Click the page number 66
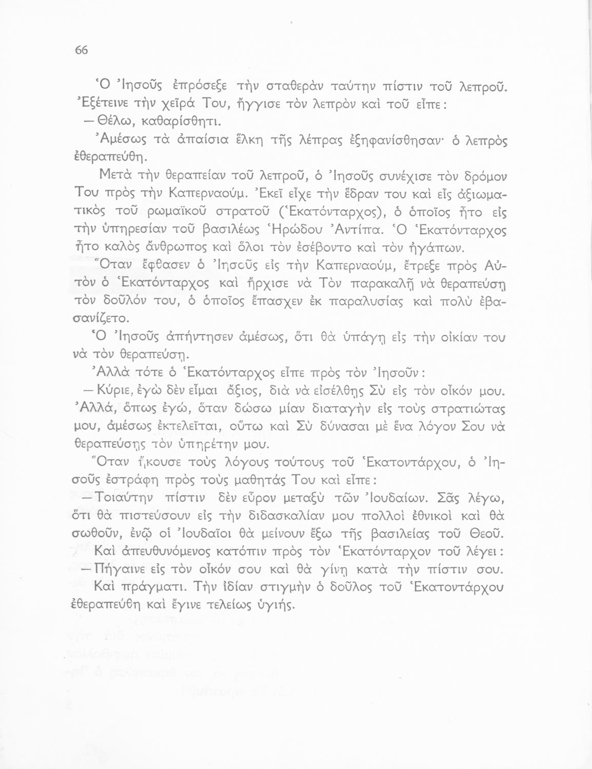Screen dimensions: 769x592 tap(82, 50)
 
